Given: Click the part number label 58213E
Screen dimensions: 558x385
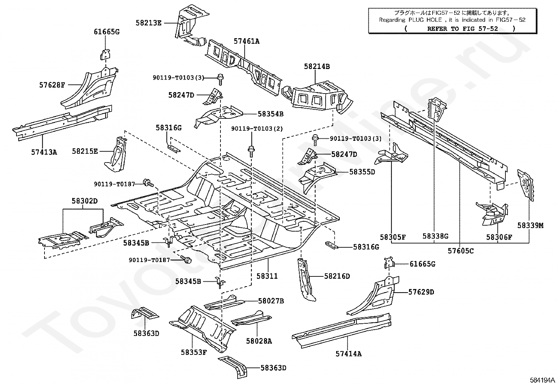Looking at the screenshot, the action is coord(149,23).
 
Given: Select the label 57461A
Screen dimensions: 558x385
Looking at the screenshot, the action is coord(246,41).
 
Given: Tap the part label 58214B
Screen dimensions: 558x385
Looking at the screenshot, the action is coord(317,67).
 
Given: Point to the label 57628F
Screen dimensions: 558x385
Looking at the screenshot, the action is coord(52,85).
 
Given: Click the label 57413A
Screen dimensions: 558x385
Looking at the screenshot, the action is coord(44,152).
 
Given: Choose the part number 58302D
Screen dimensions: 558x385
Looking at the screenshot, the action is coord(85,201).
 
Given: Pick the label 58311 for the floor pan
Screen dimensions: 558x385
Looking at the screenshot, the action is coord(267,276).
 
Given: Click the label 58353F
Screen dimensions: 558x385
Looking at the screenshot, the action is coord(194,352).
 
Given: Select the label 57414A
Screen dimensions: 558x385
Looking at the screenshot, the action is coord(348,353).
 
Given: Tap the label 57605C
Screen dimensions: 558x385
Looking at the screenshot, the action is coord(461,251).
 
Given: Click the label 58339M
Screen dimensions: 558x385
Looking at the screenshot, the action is coord(530,225).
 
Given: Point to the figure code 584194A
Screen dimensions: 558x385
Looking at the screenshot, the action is coord(542,380).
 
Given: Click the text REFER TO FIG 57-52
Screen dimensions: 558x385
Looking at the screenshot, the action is coord(463,29).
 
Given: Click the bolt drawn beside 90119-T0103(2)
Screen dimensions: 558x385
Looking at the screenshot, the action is coord(251,151).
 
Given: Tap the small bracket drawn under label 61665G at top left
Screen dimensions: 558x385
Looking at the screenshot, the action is coord(106,55).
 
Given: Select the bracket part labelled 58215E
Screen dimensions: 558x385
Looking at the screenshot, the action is coord(116,154).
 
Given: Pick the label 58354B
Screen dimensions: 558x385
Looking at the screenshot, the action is coord(271,114).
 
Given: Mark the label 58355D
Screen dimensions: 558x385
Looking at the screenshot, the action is coord(362,172).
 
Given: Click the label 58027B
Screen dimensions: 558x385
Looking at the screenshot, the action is coord(271,301).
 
